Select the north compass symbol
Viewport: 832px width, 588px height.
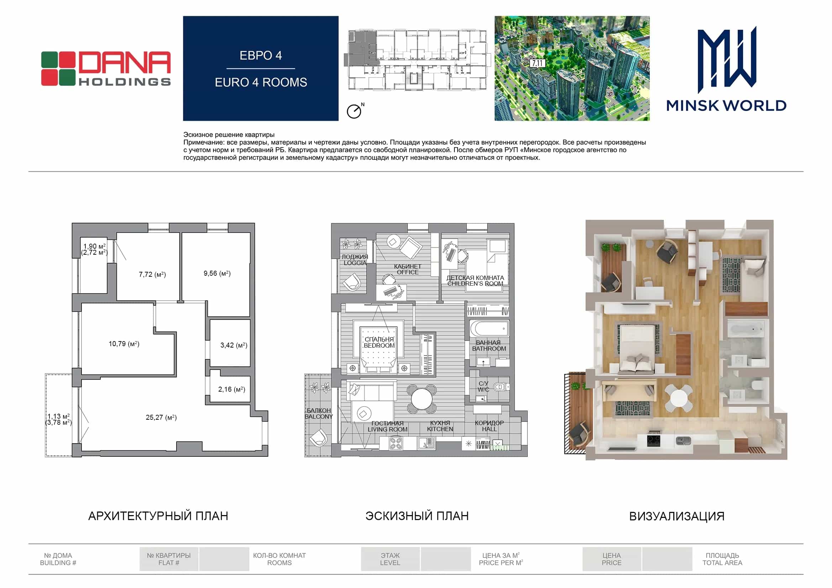[x=355, y=111]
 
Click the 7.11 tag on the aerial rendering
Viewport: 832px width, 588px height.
[x=537, y=63]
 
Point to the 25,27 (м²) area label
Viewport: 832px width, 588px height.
[x=161, y=417]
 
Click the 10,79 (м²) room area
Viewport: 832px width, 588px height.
[x=124, y=344]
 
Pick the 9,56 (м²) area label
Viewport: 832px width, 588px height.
[x=217, y=273]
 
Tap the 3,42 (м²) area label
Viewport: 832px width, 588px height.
[x=234, y=345]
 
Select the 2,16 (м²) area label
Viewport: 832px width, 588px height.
[x=232, y=390]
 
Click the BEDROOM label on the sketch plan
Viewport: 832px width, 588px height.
[x=379, y=346]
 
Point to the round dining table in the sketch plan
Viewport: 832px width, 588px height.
[x=422, y=398]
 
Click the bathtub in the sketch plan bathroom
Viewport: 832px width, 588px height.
[x=489, y=329]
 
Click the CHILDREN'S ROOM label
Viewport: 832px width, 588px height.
[x=475, y=284]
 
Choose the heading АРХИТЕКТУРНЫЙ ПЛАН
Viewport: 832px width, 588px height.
[x=158, y=516]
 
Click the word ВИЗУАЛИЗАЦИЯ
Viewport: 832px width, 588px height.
[x=677, y=516]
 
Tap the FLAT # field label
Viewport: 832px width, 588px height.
[x=169, y=563]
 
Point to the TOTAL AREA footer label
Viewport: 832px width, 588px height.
[x=722, y=563]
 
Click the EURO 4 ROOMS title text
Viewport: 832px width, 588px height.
[x=261, y=83]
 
